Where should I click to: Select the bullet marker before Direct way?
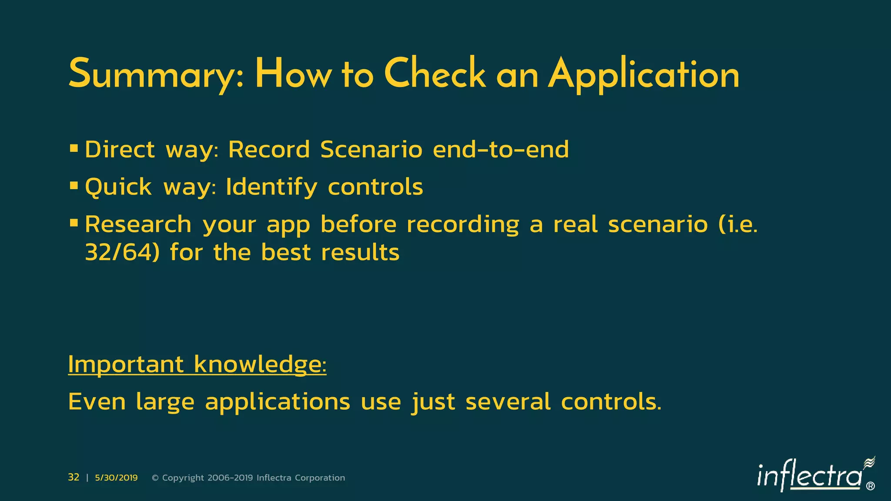[x=74, y=149]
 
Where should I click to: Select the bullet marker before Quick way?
[x=74, y=186]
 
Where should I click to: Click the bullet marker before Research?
[x=74, y=224]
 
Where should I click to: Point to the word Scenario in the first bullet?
[x=371, y=150]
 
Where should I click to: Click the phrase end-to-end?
[x=501, y=150]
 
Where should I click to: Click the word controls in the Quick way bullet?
[x=375, y=187]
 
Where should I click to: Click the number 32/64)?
[x=122, y=252]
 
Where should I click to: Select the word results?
[x=360, y=252]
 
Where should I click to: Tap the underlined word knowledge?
[x=259, y=364]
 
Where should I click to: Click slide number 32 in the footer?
[x=74, y=478]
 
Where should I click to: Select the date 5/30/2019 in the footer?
[x=116, y=478]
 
